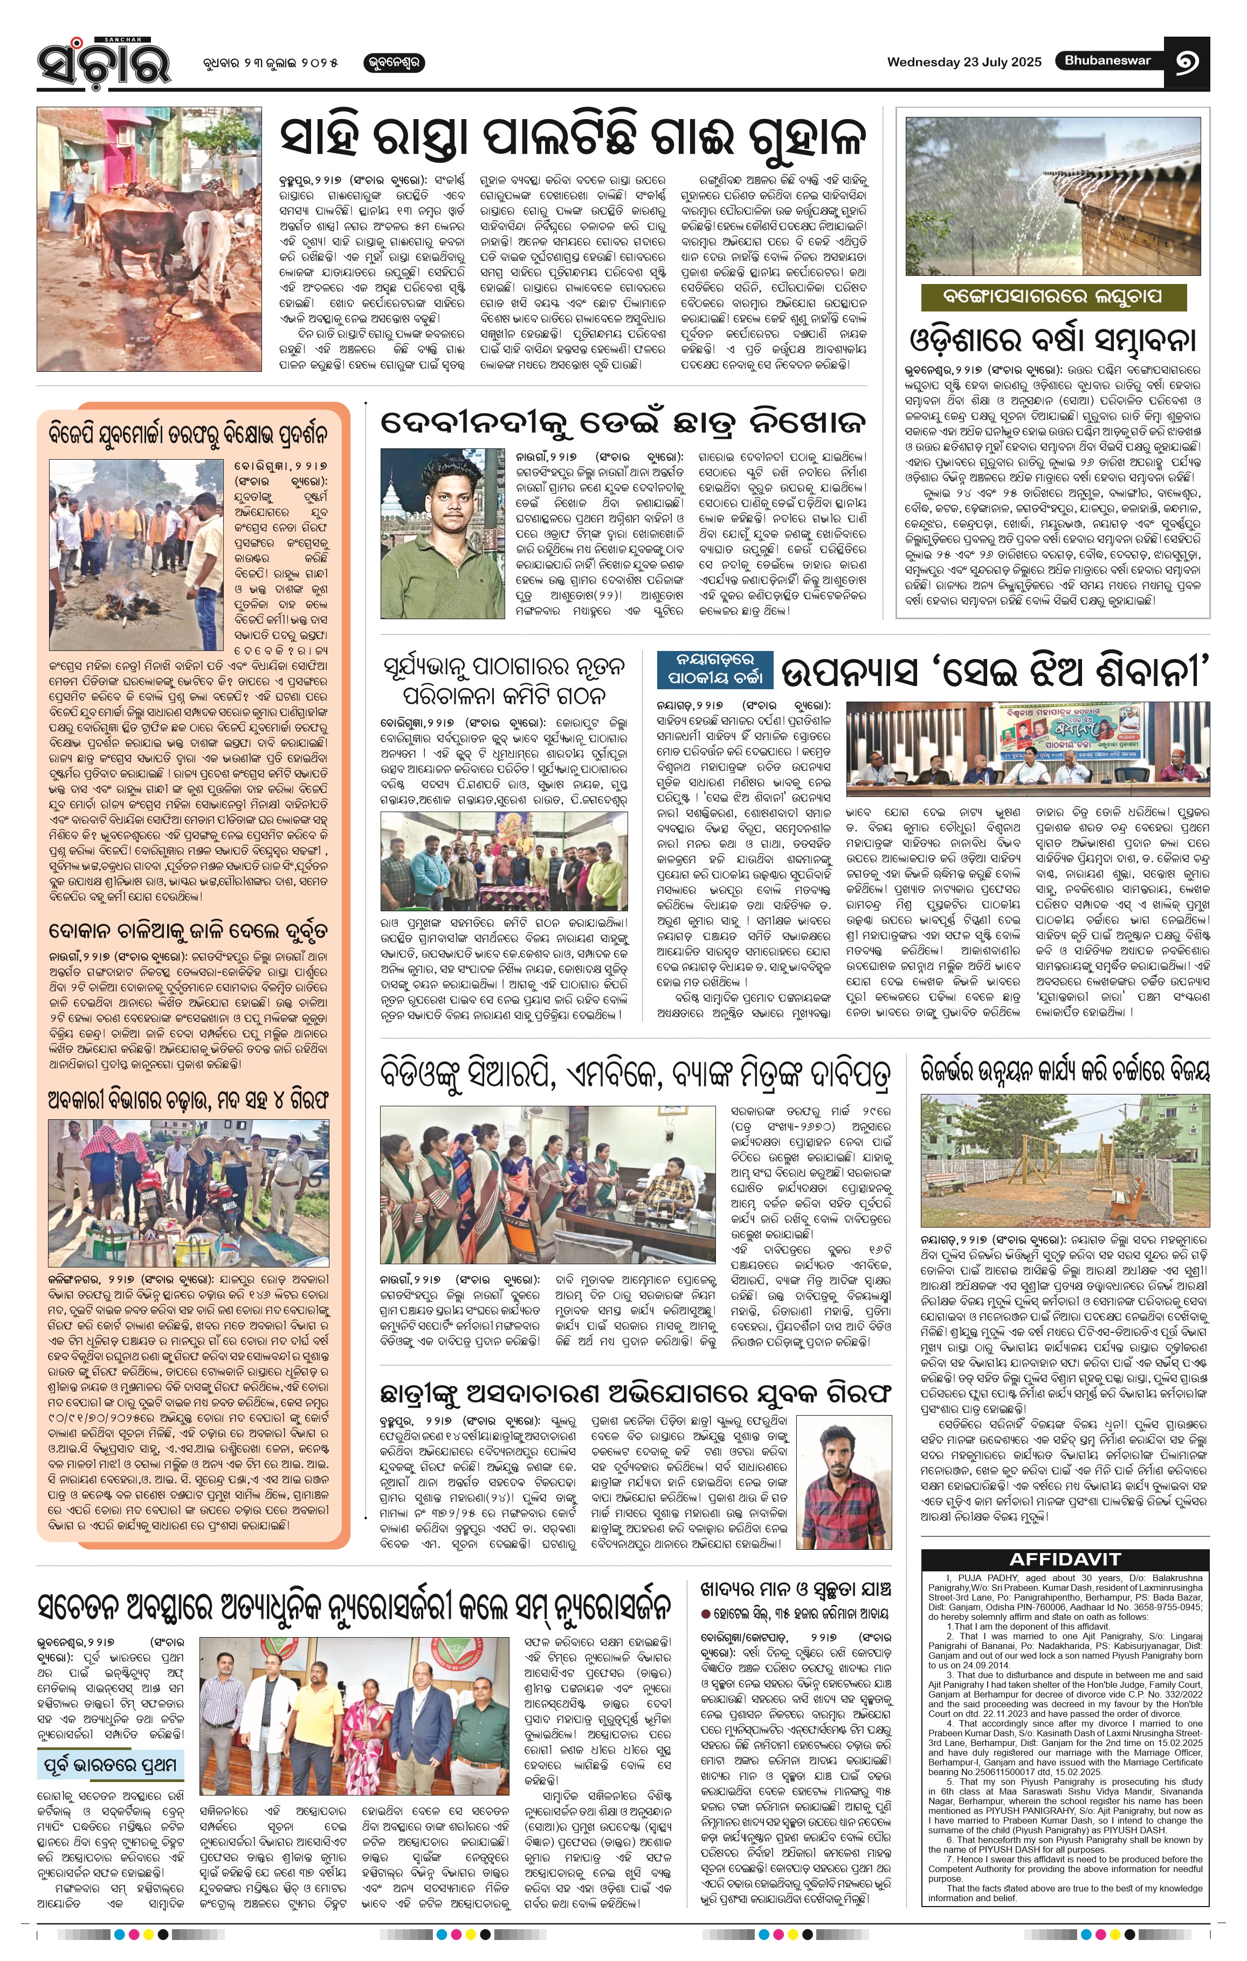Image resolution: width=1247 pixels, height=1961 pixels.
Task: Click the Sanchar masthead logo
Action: [x=104, y=61]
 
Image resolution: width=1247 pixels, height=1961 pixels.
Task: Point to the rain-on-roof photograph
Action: [x=1052, y=196]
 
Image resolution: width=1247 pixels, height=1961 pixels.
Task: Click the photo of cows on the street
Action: [x=149, y=239]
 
